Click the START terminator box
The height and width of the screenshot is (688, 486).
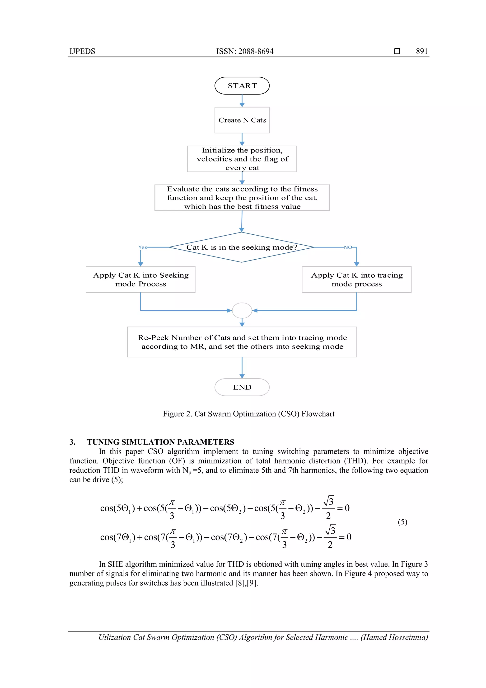[242, 86]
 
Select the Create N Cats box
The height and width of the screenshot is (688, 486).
[242, 120]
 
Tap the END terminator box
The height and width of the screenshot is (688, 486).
[242, 387]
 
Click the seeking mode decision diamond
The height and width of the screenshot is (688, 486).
[241, 247]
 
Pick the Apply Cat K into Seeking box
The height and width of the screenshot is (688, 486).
[140, 279]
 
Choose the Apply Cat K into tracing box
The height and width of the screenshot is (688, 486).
[356, 279]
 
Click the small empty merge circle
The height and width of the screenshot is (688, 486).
[242, 310]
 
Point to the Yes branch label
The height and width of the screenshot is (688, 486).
[143, 247]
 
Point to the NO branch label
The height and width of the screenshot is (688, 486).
[348, 247]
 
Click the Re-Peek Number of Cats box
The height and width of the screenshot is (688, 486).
[242, 342]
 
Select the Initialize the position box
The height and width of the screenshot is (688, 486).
[242, 159]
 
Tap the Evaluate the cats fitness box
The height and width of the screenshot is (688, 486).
[242, 198]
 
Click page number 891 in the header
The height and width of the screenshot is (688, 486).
[422, 51]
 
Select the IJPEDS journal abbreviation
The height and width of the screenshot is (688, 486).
[82, 51]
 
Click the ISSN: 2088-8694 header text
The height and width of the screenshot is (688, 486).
[245, 51]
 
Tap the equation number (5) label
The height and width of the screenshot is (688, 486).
[402, 522]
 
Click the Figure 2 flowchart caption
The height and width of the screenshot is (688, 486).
[248, 414]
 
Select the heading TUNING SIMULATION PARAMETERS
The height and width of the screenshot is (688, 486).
[160, 442]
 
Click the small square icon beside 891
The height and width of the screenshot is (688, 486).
[397, 51]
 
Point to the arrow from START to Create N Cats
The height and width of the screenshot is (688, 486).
[242, 101]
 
